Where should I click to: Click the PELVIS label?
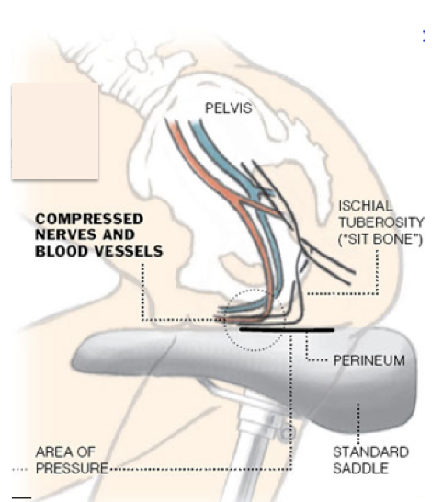click(228, 108)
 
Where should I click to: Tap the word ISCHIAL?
click(365, 206)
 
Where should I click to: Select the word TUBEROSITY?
click(381, 222)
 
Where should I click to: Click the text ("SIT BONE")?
click(380, 239)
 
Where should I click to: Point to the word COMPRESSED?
click(89, 220)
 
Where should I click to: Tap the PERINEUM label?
click(369, 360)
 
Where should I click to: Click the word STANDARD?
click(370, 452)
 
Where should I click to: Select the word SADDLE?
click(361, 469)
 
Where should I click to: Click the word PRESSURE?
click(72, 468)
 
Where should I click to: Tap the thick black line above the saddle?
click(287, 329)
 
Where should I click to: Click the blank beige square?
click(55, 131)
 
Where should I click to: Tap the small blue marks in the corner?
click(424, 36)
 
